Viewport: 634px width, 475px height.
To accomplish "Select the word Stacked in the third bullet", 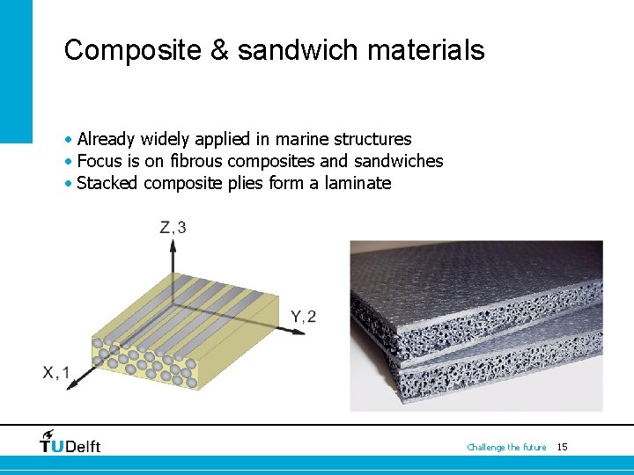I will click(x=107, y=183).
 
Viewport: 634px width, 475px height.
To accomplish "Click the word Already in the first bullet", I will click(x=106, y=139).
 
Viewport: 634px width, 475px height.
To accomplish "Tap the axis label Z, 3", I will click(x=172, y=228).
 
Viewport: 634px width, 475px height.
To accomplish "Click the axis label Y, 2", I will click(x=303, y=317).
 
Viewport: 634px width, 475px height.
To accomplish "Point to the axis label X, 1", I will click(x=56, y=373).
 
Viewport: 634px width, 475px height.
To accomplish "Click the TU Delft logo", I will click(x=70, y=442).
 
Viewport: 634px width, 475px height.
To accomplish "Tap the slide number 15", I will click(x=563, y=448).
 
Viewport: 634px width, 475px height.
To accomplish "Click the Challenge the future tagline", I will click(x=506, y=448).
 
